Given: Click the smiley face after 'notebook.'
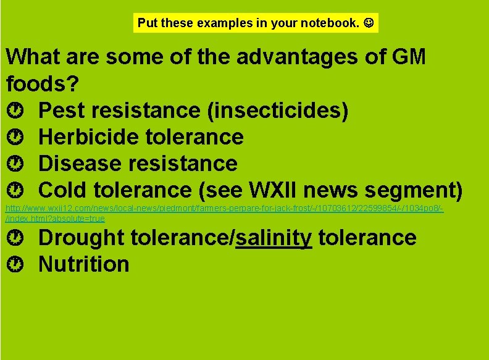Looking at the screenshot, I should (x=368, y=23).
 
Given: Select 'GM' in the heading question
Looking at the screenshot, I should (x=409, y=57).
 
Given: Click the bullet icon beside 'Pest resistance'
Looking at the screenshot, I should (x=17, y=111).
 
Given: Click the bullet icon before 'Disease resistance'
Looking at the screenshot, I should (x=17, y=164).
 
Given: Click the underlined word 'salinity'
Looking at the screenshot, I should (x=274, y=238).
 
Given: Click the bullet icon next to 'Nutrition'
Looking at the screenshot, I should (x=17, y=264).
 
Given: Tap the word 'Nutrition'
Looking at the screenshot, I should (x=84, y=264).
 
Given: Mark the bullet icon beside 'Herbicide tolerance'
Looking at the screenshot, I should (x=17, y=137).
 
